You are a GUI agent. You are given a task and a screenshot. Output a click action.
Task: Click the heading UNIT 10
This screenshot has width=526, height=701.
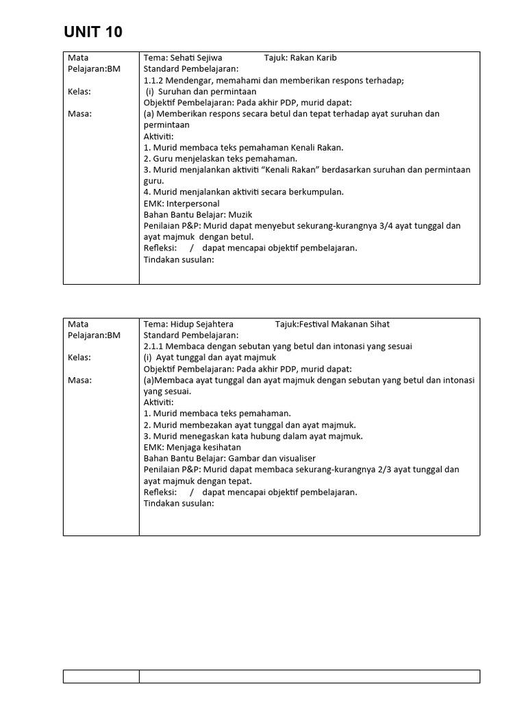[x=93, y=31]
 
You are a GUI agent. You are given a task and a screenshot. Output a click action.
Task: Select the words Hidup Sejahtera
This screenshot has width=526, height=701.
[x=203, y=324]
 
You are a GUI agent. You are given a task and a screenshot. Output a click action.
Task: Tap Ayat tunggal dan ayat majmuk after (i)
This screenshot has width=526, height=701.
[x=216, y=357]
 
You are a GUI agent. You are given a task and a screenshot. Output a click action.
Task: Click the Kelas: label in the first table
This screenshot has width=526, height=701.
[x=79, y=91]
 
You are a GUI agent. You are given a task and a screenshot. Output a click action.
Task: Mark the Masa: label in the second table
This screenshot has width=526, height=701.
[x=79, y=380]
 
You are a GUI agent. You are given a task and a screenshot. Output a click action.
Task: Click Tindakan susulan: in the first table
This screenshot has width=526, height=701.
[x=179, y=259]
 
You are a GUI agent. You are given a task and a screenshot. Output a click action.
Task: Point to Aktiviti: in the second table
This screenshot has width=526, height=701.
[x=159, y=403]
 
